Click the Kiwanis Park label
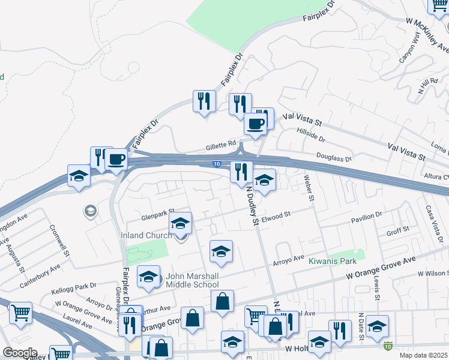click(x=333, y=261)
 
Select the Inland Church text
click(x=146, y=235)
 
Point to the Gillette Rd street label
click(x=221, y=144)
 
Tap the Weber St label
click(x=309, y=188)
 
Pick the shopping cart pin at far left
click(x=20, y=313)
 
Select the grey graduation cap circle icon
click(x=90, y=211)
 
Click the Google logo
click(x=19, y=353)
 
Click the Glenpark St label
click(x=153, y=214)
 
